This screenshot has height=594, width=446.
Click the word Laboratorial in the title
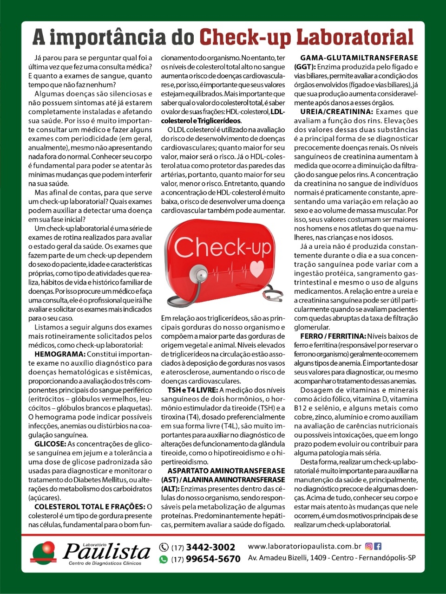[x=354, y=37]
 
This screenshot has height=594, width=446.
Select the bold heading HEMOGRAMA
[x=60, y=354]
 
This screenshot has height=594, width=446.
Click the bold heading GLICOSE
[x=50, y=444]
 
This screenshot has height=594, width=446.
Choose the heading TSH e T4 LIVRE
[x=192, y=390]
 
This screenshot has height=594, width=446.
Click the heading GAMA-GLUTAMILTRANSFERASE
[x=359, y=58]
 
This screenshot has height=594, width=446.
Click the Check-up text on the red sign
[x=222, y=246]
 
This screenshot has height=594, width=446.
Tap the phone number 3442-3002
[x=210, y=547]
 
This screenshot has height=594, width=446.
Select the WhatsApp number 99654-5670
[x=213, y=559]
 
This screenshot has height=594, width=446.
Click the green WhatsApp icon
[x=164, y=559]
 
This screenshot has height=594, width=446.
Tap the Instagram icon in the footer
[x=369, y=547]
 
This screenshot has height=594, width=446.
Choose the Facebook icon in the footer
[x=378, y=547]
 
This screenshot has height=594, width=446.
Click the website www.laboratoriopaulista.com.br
[x=304, y=547]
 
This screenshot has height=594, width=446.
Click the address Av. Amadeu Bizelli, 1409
[x=287, y=558]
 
